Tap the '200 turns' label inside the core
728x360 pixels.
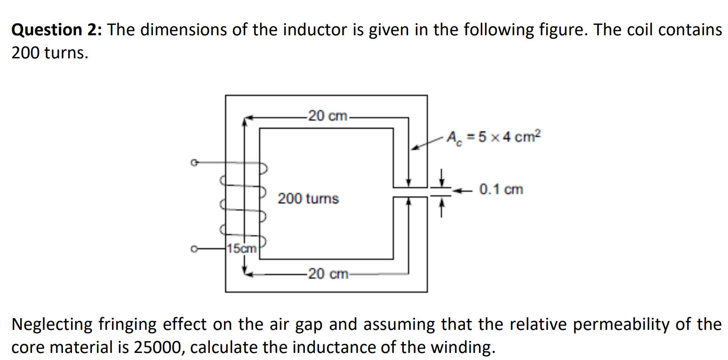pyautogui.click(x=308, y=199)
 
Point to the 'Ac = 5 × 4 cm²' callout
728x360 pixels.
pyautogui.click(x=494, y=137)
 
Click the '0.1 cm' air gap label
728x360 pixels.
pyautogui.click(x=501, y=190)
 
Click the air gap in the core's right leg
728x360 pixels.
pyautogui.click(x=409, y=192)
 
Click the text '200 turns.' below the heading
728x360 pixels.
pyautogui.click(x=49, y=53)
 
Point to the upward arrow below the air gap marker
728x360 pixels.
pyautogui.click(x=441, y=208)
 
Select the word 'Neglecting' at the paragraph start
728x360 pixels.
pyautogui.click(x=52, y=325)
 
